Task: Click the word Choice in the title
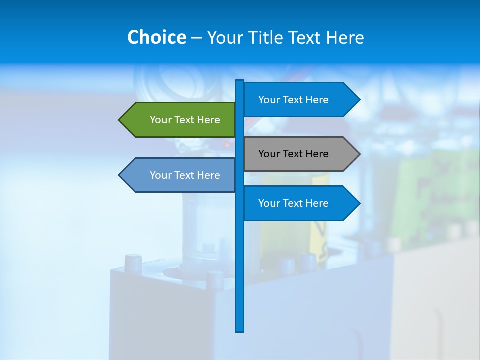pos(156,37)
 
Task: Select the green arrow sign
pos(180,120)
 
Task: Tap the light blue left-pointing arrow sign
pos(180,175)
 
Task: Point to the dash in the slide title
pos(196,38)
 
